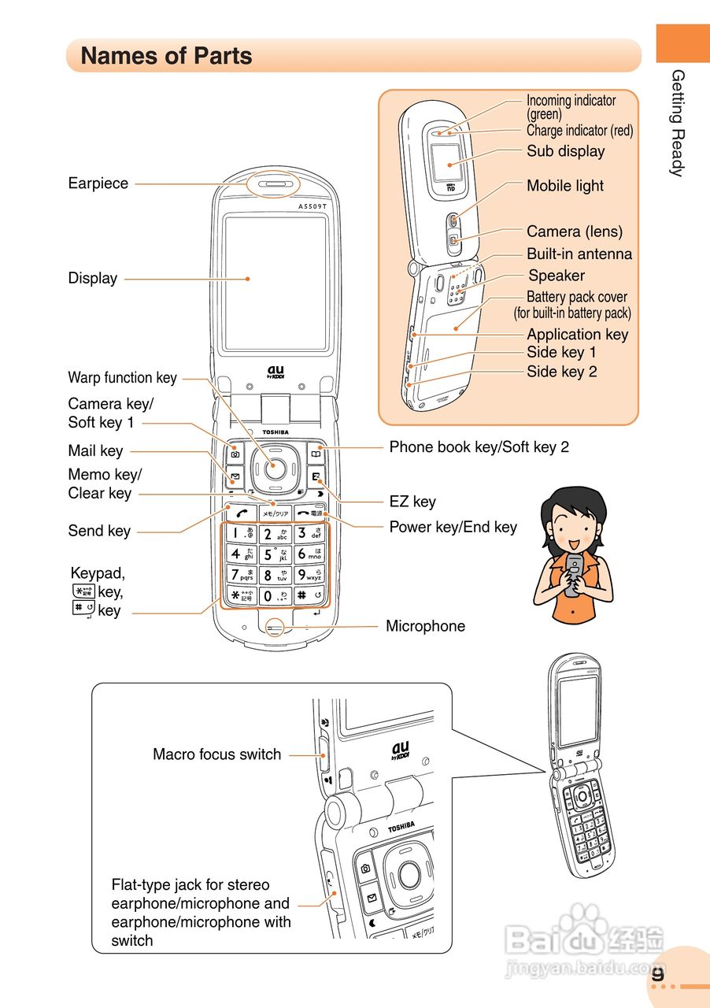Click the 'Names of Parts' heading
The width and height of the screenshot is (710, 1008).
166,56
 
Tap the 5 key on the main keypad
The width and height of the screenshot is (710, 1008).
275,554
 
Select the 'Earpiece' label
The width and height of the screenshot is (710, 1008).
98,183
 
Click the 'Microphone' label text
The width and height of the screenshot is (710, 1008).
425,626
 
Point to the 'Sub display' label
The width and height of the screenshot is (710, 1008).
565,151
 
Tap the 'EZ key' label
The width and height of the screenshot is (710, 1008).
412,502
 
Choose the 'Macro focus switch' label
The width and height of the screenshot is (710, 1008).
216,754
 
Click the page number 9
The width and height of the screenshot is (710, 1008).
658,973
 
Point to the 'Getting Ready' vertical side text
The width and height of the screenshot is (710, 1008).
678,123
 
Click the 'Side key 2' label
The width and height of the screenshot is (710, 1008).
561,372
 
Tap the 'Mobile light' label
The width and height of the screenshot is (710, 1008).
564,186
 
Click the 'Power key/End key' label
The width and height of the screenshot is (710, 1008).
453,527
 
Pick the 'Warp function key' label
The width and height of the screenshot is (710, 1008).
122,378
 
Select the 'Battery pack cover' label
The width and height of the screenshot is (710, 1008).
576,297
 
